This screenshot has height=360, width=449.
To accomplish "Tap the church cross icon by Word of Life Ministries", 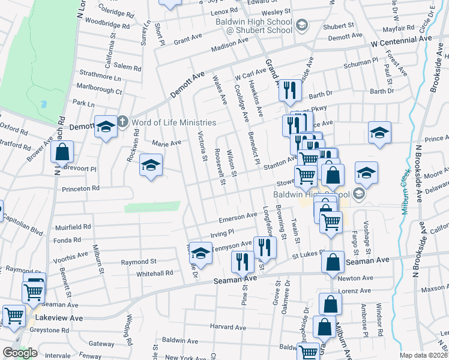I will pos(122,122).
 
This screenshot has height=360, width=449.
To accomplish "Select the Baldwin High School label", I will pos(311,194).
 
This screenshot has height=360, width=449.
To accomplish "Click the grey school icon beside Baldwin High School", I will pos(358,193).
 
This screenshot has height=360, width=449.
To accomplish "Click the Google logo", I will pos(20,353).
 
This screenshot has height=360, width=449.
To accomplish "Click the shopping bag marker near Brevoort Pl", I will pos(62,153).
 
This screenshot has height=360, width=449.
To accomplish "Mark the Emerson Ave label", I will pos(238,217).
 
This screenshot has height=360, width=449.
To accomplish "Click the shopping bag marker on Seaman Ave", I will pos(333,263).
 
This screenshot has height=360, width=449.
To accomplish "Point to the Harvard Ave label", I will pos(228,328).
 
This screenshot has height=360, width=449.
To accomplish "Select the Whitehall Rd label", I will pos(154,272).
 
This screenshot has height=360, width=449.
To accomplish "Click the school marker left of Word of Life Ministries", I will pos(106,127).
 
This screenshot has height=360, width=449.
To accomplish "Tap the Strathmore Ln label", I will pos(100,77).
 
